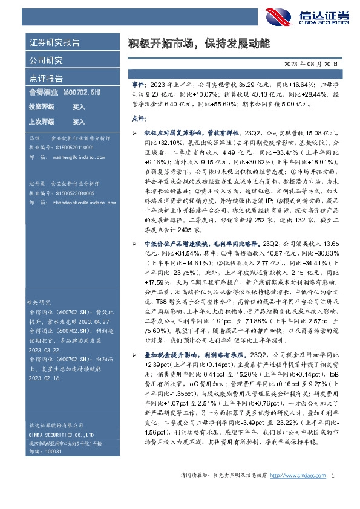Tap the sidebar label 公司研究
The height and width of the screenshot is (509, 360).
[46, 60]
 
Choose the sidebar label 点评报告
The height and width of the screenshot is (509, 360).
[46, 78]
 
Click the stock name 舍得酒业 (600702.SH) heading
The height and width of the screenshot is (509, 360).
[65, 93]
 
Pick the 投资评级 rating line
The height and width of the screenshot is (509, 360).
[57, 107]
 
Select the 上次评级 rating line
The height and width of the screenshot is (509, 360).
[57, 122]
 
